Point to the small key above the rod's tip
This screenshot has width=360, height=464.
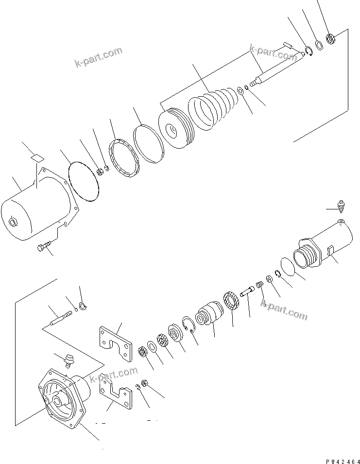pos(287,45)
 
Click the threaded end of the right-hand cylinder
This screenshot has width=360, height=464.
pos(306,256)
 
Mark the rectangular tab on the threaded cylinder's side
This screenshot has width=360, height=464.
pos(330,252)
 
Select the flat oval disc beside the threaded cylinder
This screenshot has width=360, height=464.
pos(289,268)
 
